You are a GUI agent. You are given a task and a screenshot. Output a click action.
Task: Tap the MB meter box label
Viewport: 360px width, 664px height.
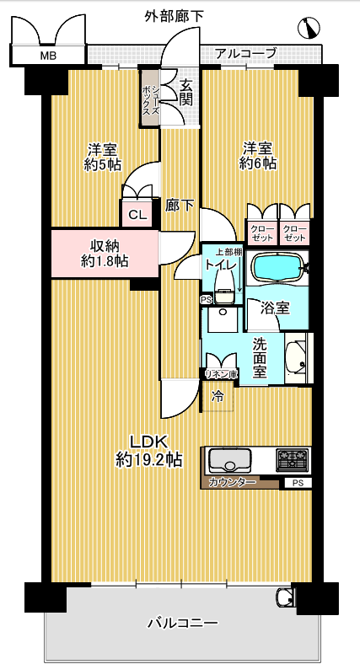tap(48, 56)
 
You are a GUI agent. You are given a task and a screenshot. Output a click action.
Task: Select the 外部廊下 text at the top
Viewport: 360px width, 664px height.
tap(174, 17)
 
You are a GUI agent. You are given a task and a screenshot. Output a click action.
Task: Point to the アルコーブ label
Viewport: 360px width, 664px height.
tap(245, 54)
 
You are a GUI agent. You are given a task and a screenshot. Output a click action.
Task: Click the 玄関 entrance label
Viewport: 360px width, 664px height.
tap(186, 93)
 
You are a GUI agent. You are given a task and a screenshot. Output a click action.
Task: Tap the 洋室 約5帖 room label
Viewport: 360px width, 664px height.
tap(103, 157)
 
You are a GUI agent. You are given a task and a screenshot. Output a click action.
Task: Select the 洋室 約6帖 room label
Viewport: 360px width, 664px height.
tap(258, 156)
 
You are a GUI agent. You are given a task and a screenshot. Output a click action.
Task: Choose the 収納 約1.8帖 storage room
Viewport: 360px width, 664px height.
tap(105, 254)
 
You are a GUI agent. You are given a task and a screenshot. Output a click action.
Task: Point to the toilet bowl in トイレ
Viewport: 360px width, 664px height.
tap(224, 288)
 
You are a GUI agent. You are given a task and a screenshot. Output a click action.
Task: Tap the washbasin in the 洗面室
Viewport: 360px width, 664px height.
tap(296, 358)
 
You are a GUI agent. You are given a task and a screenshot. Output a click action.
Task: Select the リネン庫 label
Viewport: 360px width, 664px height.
tap(221, 374)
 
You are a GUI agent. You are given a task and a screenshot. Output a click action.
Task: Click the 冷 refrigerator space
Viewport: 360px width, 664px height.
tap(218, 397)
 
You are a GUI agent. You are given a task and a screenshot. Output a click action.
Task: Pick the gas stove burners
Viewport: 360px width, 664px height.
tap(293, 459)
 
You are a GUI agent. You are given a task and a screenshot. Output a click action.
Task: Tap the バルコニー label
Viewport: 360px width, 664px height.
tap(183, 623)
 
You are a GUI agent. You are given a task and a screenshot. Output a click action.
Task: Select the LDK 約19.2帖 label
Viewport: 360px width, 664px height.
tap(148, 450)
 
